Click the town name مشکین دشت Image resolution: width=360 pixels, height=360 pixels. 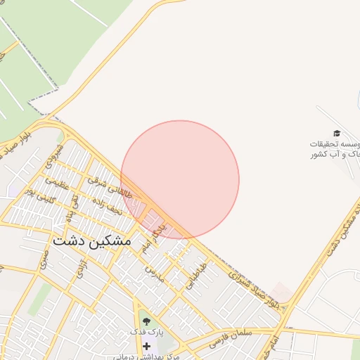click(x=91, y=240)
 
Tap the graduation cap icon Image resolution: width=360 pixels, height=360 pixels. click(x=337, y=133)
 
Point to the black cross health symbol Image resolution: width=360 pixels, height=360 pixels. click(x=146, y=346)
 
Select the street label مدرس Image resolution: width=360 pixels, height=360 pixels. click(x=155, y=273)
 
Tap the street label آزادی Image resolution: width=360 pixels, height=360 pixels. click(x=83, y=271)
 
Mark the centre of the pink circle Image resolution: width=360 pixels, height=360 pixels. click(x=180, y=179)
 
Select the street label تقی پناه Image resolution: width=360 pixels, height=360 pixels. click(x=72, y=206)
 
